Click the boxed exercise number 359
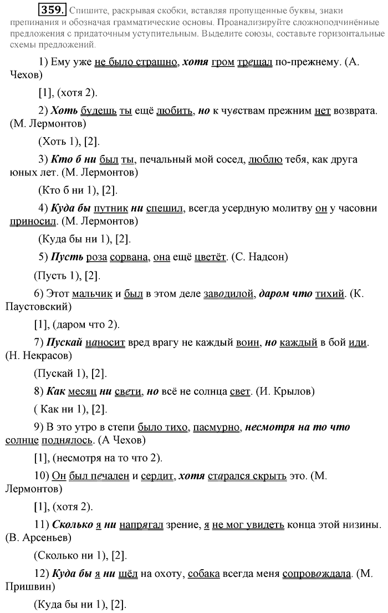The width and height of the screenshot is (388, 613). [x=53, y=10]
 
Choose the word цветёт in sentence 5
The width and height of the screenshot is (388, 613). [x=208, y=257]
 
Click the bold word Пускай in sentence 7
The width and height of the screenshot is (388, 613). [x=65, y=342]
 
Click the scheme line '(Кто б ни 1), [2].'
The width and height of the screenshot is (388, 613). [x=77, y=190]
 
